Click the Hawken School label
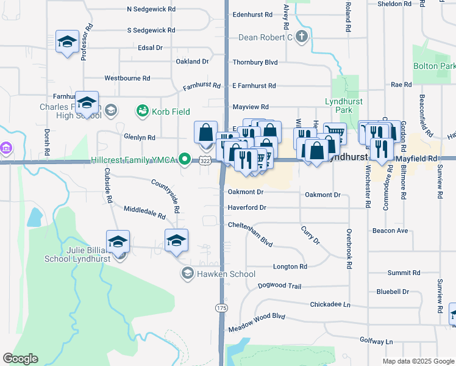tap(226, 274)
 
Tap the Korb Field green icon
tap(143, 111)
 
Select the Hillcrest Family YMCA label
tap(134, 160)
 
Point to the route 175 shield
tap(221, 308)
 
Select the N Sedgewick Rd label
tap(151, 9)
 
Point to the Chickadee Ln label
tap(330, 304)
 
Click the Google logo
tap(20, 359)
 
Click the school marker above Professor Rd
tap(67, 41)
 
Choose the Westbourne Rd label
tap(127, 78)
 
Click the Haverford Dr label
tap(247, 207)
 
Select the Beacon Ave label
tap(390, 231)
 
